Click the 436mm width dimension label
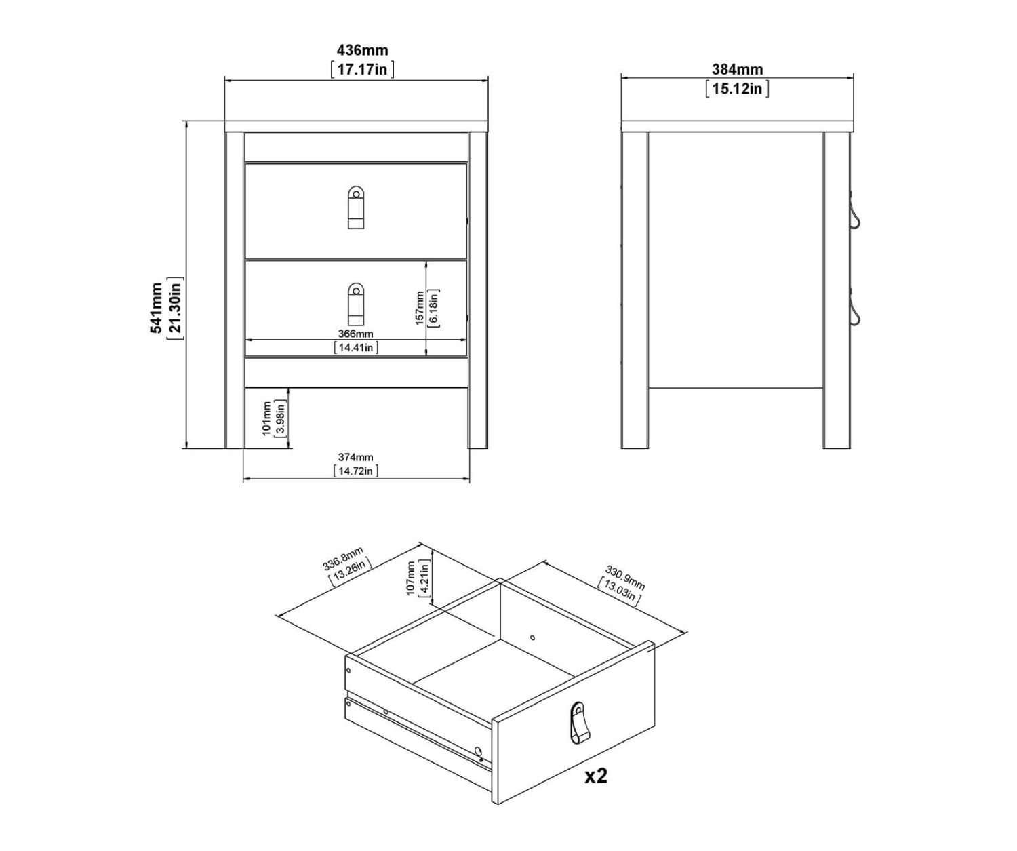[362, 50]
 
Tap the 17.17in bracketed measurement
[362, 69]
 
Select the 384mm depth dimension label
[738, 70]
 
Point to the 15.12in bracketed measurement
[738, 89]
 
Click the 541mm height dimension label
[156, 308]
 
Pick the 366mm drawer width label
[355, 334]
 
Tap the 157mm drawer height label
[420, 309]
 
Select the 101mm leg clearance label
[266, 418]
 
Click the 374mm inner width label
[355, 458]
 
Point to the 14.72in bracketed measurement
[355, 471]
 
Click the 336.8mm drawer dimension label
[343, 559]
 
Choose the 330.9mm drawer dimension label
[624, 578]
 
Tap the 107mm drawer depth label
[410, 578]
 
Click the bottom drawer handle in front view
[356, 304]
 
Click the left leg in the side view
[635, 290]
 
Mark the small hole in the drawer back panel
[532, 637]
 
